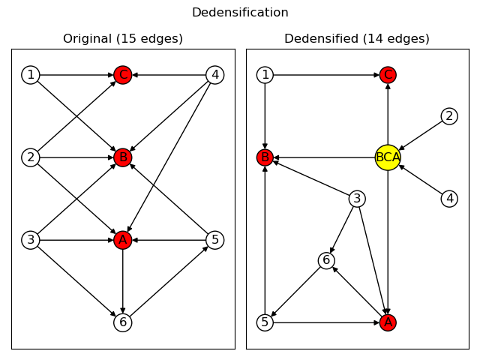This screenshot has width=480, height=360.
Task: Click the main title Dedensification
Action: (x=240, y=13)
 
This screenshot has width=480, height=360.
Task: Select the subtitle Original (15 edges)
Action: (x=123, y=39)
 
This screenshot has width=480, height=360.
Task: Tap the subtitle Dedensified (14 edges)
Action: (x=357, y=39)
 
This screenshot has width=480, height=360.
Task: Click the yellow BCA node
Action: (x=388, y=157)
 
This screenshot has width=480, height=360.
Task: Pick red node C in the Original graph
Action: (x=123, y=75)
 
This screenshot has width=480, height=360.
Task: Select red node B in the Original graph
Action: (x=123, y=157)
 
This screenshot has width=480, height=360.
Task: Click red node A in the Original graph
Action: (x=123, y=240)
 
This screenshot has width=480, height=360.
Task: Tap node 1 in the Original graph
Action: (x=31, y=75)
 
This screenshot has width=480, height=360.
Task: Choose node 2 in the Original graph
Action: (x=31, y=157)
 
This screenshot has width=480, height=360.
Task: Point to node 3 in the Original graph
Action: (x=31, y=240)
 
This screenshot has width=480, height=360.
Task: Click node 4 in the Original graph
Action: (x=215, y=75)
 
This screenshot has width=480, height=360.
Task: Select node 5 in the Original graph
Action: (x=215, y=240)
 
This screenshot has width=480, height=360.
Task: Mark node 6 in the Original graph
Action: (x=123, y=322)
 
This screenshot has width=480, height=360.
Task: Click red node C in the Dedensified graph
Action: (x=388, y=75)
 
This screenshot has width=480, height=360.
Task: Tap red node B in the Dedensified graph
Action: (x=265, y=157)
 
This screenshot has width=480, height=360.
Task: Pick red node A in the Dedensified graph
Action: (x=388, y=322)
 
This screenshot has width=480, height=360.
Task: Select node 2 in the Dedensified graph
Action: (x=449, y=116)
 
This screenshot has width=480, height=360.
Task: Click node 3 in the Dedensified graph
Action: (x=357, y=199)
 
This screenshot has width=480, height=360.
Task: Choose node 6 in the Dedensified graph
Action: (x=326, y=260)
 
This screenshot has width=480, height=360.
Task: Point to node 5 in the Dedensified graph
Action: (x=265, y=322)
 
